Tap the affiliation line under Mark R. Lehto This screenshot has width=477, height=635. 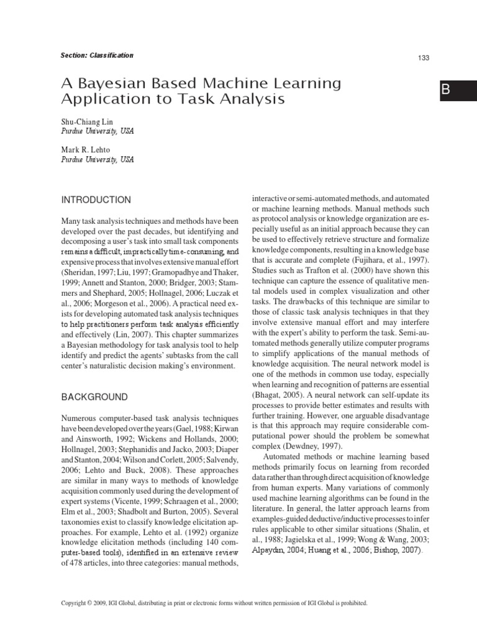click(96, 159)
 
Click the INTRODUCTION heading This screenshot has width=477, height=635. click(95, 200)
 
